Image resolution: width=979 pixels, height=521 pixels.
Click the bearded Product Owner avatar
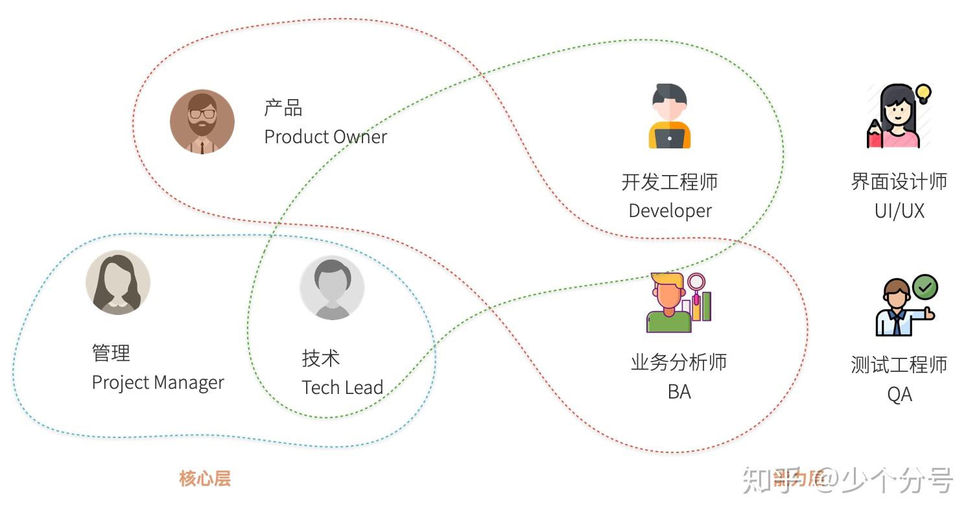[x=202, y=122]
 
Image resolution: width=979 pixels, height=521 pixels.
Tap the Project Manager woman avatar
[x=118, y=283]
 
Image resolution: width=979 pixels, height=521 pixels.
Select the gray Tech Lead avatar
[x=332, y=288]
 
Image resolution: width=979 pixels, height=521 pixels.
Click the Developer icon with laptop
[x=670, y=117]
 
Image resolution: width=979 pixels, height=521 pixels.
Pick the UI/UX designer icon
[x=898, y=117]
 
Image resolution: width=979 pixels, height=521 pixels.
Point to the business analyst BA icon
[x=678, y=303]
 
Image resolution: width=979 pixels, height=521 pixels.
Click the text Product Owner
[x=325, y=137]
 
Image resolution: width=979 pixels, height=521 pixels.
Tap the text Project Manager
[x=158, y=382]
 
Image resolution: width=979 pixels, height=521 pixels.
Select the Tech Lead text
[x=342, y=388]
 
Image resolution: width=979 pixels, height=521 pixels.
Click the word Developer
[x=670, y=211]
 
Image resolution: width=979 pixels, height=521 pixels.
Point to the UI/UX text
[x=899, y=211]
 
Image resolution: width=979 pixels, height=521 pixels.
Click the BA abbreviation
[x=679, y=391]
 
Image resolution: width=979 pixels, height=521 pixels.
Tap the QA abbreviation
[x=899, y=394]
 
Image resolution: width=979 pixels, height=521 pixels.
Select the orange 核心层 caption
[x=205, y=479]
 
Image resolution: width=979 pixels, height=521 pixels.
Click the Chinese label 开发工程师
[x=670, y=182]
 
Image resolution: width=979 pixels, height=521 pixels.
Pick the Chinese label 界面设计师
[x=899, y=181]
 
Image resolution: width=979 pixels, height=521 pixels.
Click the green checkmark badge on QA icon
[x=925, y=287]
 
